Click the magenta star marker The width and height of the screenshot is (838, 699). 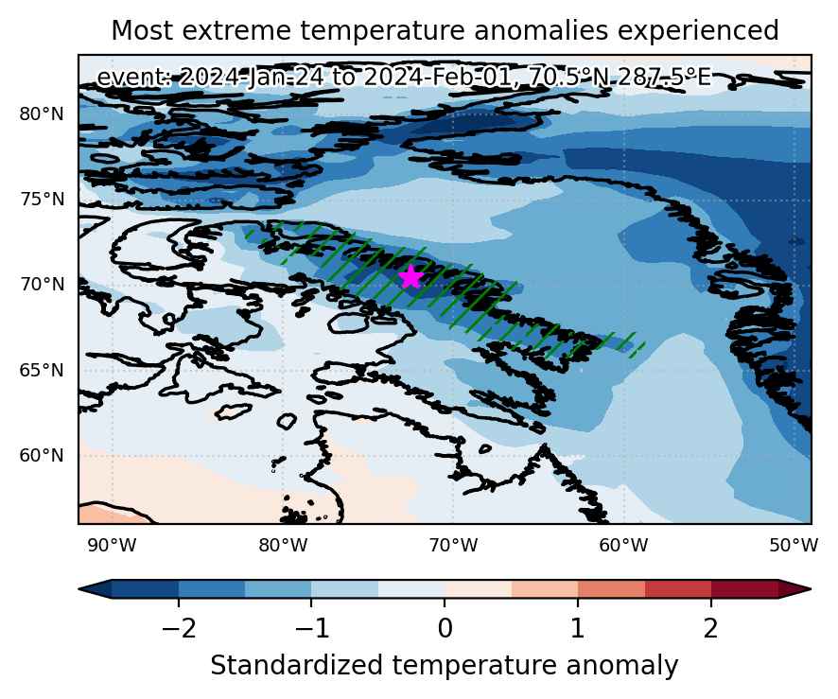point(410,277)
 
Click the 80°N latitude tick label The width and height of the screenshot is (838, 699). point(42,114)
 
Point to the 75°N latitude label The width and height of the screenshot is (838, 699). point(42,200)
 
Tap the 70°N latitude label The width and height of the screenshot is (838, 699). point(42,285)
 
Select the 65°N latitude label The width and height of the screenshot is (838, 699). point(42,370)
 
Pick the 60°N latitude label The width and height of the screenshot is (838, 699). point(42,456)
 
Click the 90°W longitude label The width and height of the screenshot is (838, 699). point(113,546)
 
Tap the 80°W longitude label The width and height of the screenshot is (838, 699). point(283,546)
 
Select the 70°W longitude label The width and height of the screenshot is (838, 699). point(453,546)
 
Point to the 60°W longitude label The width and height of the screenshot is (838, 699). point(623,546)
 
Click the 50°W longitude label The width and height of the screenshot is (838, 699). point(794,546)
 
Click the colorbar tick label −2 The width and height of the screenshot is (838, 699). point(179,629)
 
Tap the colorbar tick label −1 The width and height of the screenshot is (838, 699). point(311,629)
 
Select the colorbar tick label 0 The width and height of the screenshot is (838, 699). point(445,629)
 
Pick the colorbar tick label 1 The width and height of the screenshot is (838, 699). point(578,629)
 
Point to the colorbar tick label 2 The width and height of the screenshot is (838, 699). point(711,629)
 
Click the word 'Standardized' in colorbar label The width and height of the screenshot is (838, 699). point(297,666)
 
